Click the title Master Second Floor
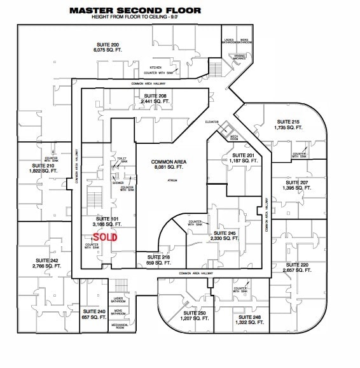coord(135,10)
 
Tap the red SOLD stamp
coord(105,236)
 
